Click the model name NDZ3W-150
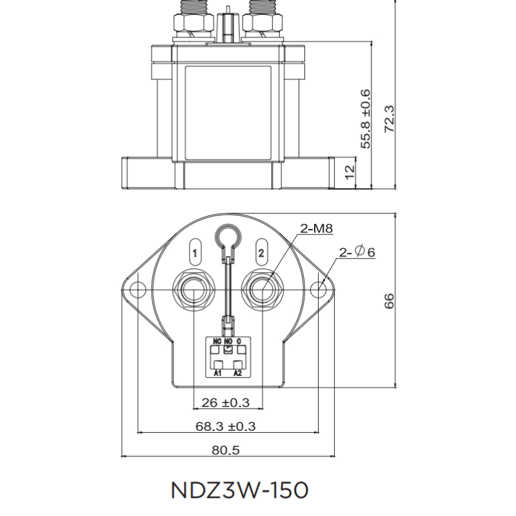[240, 490]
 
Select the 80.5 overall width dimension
[226, 450]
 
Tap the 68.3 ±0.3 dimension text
[226, 426]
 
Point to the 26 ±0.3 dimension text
[226, 402]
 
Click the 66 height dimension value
[389, 301]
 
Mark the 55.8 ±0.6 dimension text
[366, 119]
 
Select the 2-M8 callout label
[315, 229]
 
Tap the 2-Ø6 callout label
[355, 252]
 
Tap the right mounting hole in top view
[318, 290]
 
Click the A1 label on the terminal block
[217, 373]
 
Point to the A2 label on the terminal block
[237, 373]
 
